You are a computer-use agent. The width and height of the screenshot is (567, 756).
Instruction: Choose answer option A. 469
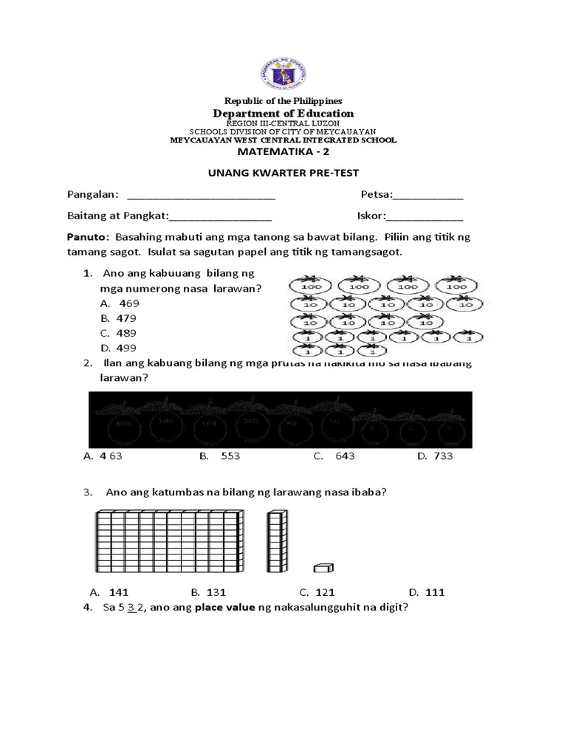118,303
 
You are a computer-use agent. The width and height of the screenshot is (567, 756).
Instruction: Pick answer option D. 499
118,348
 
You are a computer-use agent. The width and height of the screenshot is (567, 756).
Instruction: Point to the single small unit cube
323,567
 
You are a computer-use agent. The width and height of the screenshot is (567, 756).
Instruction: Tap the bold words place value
221,608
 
